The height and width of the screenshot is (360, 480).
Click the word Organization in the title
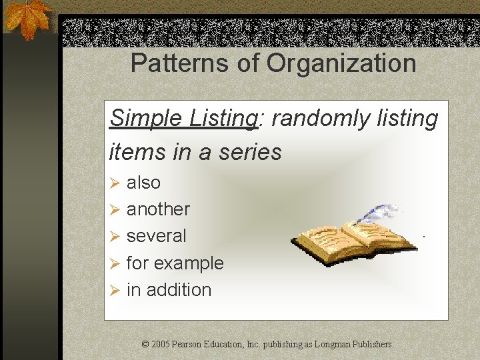click(x=341, y=64)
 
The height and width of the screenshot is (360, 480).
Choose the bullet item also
click(x=143, y=182)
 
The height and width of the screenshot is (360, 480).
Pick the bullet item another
click(x=158, y=209)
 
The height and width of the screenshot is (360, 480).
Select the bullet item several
click(x=156, y=236)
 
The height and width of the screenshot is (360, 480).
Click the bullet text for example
click(x=175, y=263)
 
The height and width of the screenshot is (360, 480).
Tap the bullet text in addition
click(x=169, y=290)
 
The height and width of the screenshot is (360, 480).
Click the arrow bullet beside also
click(x=114, y=183)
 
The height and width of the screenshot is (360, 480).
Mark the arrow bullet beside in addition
click(x=114, y=291)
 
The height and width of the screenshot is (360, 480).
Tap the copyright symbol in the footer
click(x=145, y=345)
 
